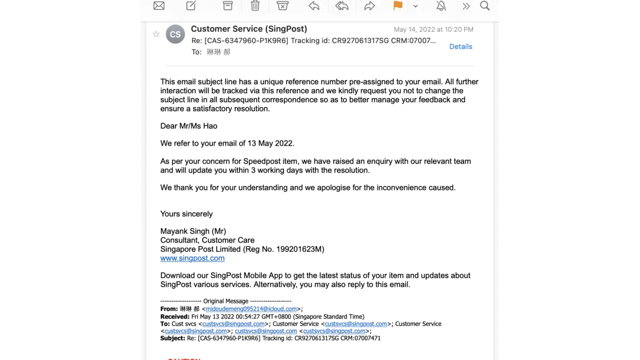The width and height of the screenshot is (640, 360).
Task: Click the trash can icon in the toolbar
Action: pos(255,6)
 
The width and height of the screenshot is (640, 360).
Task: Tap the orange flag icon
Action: pos(398,6)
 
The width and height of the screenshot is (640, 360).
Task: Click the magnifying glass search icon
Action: pos(485,6)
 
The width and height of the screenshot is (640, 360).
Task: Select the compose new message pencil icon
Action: pos(191,6)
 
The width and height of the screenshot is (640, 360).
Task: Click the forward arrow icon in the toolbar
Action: pos(370,6)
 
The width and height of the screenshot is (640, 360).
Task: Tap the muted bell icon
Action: pos(441,6)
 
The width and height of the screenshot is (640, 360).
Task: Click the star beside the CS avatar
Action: pos(156,34)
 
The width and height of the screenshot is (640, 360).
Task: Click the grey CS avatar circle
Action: pos(175,34)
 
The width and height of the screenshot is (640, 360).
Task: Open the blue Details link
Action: pos(461,46)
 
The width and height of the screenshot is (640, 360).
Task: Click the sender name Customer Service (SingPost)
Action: pos(249,29)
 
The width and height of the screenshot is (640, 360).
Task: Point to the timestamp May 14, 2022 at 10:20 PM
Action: pos(433,30)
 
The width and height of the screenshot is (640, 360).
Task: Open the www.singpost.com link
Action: pos(193,258)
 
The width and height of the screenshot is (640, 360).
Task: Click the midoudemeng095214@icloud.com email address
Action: pos(251,309)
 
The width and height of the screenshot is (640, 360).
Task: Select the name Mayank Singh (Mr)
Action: pos(193,231)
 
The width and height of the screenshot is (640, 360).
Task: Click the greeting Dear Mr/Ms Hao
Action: pos(189,126)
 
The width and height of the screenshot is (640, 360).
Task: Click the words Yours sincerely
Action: pos(186,214)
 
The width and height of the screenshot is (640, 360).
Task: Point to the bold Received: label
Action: pos(175,317)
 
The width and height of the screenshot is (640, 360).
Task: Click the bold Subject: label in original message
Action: pos(173,338)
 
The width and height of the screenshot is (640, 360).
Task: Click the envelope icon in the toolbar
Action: pos(159,6)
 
